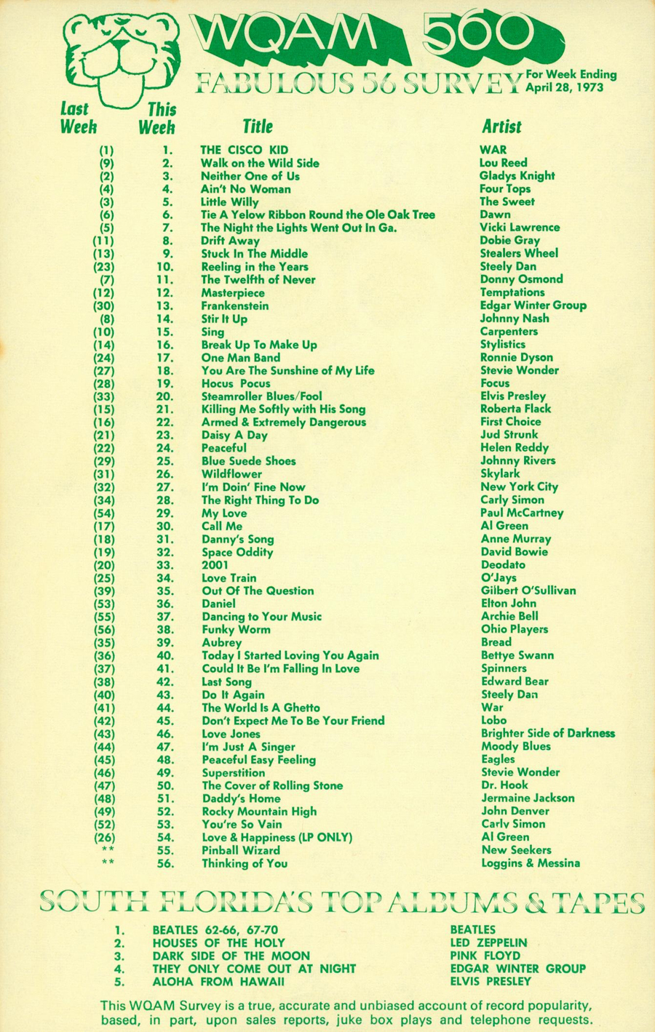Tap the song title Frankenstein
pyautogui.click(x=234, y=305)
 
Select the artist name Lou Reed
pyautogui.click(x=503, y=163)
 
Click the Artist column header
pyautogui.click(x=501, y=127)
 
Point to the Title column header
pyautogui.click(x=257, y=127)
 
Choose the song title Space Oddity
pyautogui.click(x=237, y=552)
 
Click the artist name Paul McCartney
pyautogui.click(x=522, y=513)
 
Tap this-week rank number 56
pyautogui.click(x=165, y=863)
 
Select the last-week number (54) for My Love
pyautogui.click(x=104, y=513)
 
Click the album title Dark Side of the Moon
pyautogui.click(x=231, y=956)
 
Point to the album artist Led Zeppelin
pyautogui.click(x=488, y=943)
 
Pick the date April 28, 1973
pyautogui.click(x=565, y=87)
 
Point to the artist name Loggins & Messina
pyautogui.click(x=531, y=863)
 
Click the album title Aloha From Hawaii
pyautogui.click(x=218, y=982)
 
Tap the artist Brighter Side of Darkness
pyautogui.click(x=548, y=733)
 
